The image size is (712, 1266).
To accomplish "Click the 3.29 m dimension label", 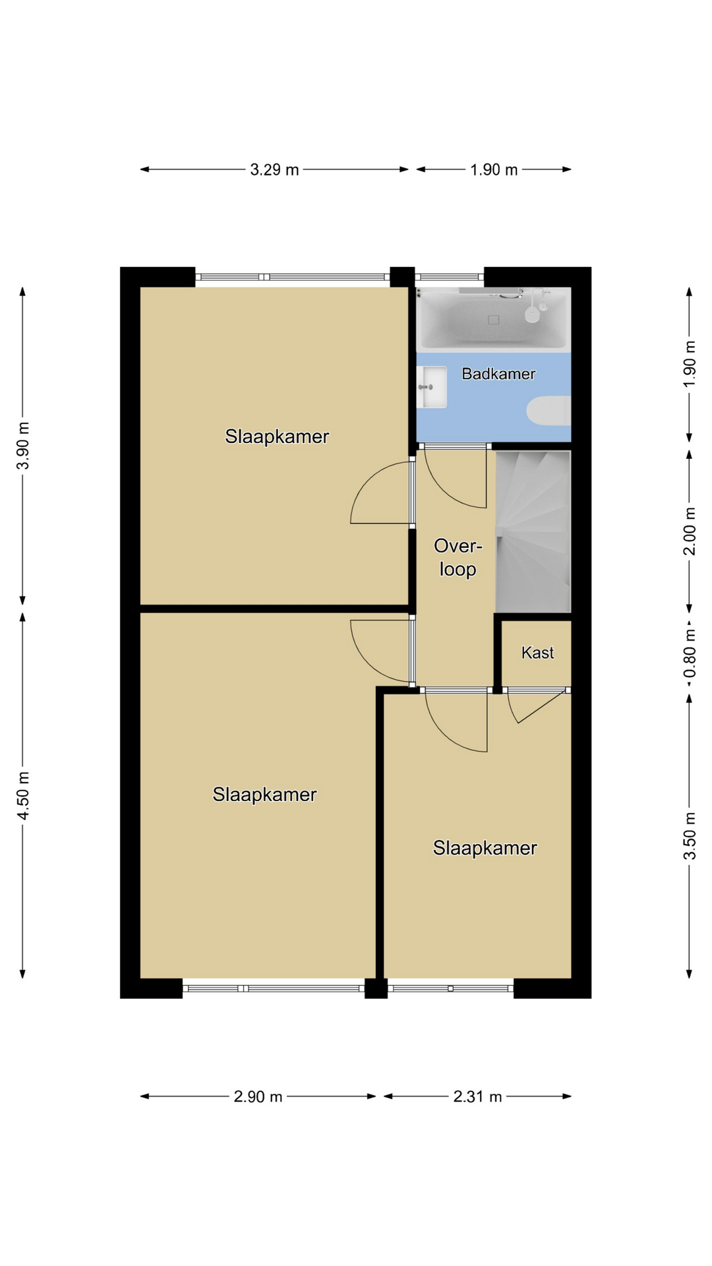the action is tap(274, 169).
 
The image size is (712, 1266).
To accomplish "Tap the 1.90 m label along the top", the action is tap(494, 169).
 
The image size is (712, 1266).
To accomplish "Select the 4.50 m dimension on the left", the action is tap(23, 795).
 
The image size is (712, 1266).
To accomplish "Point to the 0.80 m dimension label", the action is tap(690, 653).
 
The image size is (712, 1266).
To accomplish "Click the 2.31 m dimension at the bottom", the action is tap(477, 1097).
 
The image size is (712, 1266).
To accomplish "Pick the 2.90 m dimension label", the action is tap(258, 1097).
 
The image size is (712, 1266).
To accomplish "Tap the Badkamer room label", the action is tap(498, 374).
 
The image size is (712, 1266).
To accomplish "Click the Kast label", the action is tap(537, 653).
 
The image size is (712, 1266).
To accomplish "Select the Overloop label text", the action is tap(458, 557).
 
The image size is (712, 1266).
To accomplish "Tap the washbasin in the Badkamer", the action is tap(432, 387).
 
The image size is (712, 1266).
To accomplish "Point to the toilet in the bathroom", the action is tap(549, 410).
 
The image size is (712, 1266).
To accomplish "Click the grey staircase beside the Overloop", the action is tap(533, 531).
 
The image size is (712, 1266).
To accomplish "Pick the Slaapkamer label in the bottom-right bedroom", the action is tap(485, 848).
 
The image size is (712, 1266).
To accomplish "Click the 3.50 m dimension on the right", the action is tap(690, 836).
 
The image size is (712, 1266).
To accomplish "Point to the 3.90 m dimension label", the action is tap(23, 446).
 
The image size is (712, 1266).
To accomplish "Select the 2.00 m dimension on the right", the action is tap(690, 531).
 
